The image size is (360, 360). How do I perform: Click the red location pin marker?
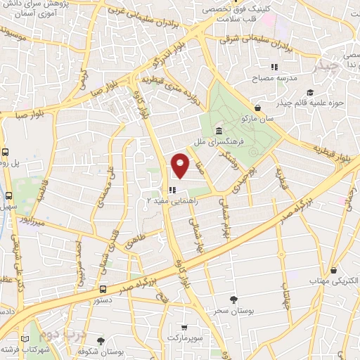181,165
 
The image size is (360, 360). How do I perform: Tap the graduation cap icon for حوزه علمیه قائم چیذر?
309,92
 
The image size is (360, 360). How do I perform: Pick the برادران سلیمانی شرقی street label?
257,35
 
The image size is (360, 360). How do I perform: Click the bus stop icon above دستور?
103,289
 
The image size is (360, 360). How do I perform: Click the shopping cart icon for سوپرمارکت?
184,328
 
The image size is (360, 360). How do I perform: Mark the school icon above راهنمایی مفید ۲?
172,190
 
